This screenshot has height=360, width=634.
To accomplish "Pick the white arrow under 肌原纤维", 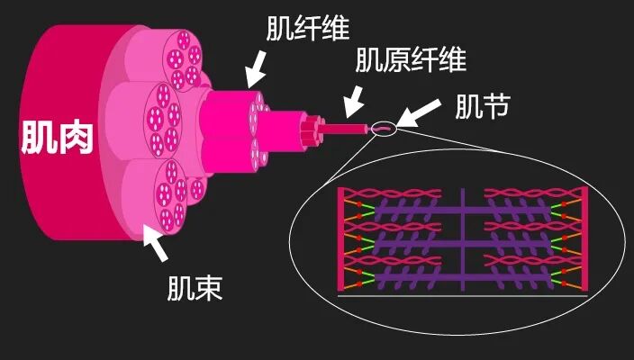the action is pos(356,98).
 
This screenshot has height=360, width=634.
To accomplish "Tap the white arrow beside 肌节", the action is pos(421,113).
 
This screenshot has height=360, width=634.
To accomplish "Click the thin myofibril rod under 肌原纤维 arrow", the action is pos(347,128).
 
